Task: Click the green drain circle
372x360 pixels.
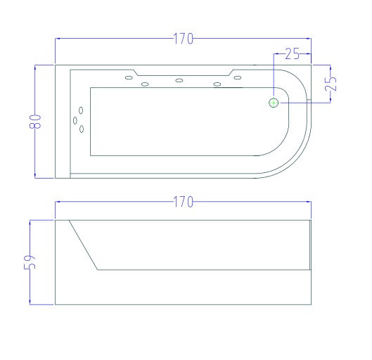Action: pos(274,103)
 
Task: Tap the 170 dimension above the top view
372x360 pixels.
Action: pos(183,39)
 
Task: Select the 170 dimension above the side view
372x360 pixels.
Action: pos(183,202)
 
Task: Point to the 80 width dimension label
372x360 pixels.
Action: pos(35,121)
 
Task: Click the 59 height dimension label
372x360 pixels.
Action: pos(30,262)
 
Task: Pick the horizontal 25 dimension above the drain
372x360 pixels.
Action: pos(293,54)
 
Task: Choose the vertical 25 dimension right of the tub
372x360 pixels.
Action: pos(331,84)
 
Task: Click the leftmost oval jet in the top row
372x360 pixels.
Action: pos(129,77)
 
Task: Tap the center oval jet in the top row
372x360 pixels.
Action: pos(179,80)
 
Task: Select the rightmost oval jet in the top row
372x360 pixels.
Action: pos(238,77)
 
